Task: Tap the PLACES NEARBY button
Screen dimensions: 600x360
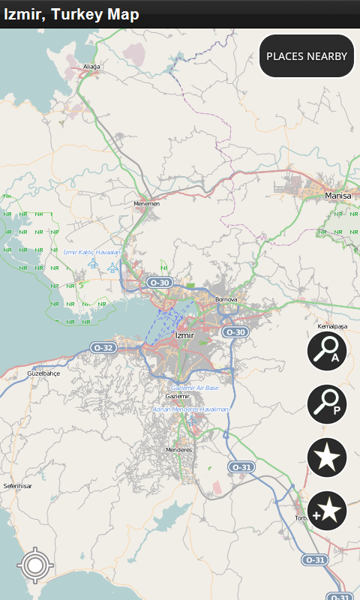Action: click(x=307, y=56)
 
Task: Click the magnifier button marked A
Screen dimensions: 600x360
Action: click(x=327, y=349)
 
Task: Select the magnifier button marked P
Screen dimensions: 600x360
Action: click(x=327, y=403)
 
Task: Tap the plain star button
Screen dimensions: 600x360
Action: click(x=327, y=457)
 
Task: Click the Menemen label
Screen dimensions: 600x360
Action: click(x=146, y=203)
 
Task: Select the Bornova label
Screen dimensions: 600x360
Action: click(x=226, y=299)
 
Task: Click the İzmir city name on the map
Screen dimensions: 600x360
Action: click(x=184, y=335)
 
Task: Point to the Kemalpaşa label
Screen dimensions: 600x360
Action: click(x=335, y=327)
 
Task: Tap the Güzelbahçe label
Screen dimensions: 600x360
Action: click(x=43, y=373)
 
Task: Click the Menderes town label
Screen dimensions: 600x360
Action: click(x=178, y=450)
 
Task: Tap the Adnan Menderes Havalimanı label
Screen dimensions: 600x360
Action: click(x=190, y=409)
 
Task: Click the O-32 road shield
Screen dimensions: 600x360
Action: click(x=103, y=348)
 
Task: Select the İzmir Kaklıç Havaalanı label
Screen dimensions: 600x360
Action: click(x=93, y=253)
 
